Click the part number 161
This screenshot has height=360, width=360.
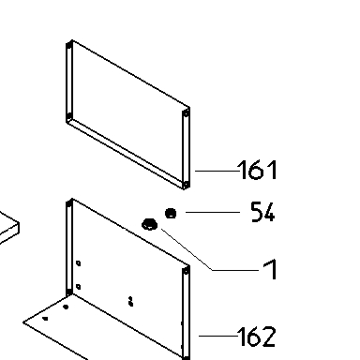tap(258, 170)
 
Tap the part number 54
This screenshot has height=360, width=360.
tap(263, 212)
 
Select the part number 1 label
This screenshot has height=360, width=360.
tap(271, 269)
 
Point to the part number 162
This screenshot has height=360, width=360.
tap(257, 337)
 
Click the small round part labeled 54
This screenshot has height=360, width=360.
tap(171, 214)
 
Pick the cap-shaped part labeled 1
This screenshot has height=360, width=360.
tap(150, 224)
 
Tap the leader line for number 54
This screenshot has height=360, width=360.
tap(213, 212)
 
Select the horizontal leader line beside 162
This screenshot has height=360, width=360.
tap(218, 336)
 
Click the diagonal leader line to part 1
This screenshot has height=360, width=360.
tap(187, 249)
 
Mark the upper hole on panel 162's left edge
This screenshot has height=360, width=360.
tap(78, 263)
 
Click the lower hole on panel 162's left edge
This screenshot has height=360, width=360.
tap(78, 287)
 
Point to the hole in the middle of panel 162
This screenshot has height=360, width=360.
tap(131, 302)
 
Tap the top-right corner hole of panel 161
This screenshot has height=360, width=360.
tap(186, 113)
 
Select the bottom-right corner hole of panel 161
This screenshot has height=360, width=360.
tap(186, 185)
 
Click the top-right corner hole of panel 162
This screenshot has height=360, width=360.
tap(186, 272)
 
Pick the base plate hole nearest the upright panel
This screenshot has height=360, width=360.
tap(66, 307)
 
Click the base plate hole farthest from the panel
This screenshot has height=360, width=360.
tap(46, 319)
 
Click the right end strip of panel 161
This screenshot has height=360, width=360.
tap(186, 149)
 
